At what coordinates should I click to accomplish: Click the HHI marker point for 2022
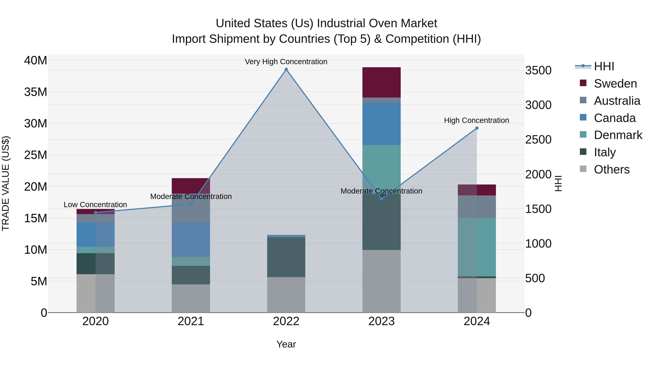286,69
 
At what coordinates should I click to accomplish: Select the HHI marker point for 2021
191,204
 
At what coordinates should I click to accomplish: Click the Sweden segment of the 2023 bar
381,82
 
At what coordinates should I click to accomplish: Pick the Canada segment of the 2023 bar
381,124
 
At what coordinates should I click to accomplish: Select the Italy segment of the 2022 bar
286,257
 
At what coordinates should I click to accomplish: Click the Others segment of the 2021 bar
191,298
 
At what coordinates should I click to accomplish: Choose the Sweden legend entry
615,84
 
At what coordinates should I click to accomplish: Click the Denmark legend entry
618,135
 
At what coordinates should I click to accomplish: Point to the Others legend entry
611,169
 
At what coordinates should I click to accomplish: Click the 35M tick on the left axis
36,92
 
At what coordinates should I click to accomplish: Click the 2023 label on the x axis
381,321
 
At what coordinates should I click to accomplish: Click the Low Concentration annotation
95,204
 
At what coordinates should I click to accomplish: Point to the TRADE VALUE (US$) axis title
6,183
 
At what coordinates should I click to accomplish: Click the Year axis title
286,344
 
